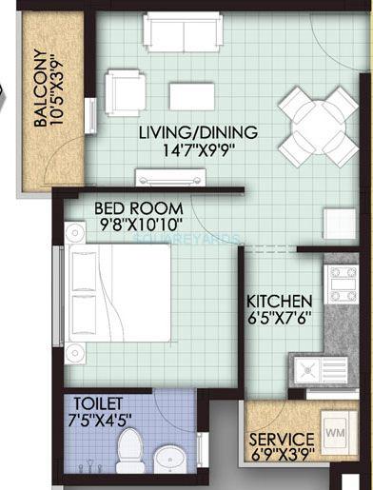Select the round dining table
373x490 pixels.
(320, 126)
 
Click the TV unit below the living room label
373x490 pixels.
(170, 178)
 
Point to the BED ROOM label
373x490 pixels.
(132, 206)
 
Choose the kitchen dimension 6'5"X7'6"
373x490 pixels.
(281, 315)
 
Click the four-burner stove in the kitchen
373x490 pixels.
(342, 283)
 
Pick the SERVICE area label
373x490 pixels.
(283, 442)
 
